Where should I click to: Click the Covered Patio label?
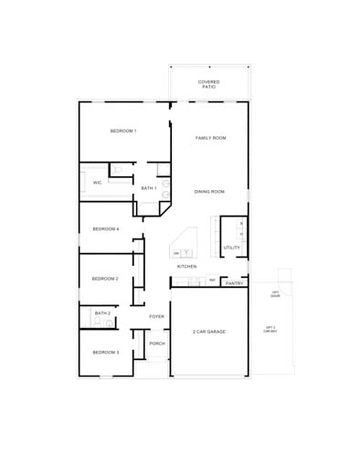click(208, 84)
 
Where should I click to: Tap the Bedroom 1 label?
click(123, 132)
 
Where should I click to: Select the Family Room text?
click(211, 138)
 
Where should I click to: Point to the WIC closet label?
click(98, 183)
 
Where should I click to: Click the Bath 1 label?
click(149, 188)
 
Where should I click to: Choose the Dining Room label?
click(209, 192)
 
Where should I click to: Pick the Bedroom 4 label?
click(105, 228)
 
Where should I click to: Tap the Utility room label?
click(232, 248)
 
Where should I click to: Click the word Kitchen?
click(187, 266)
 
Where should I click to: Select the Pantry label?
click(235, 283)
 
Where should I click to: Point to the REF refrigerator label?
click(213, 281)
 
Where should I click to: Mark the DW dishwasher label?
click(176, 253)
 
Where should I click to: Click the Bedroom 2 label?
click(104, 279)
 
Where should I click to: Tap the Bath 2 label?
click(102, 313)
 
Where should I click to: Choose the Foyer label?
click(157, 316)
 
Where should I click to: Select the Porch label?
click(157, 344)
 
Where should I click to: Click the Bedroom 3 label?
click(104, 352)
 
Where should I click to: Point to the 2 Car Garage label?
click(209, 332)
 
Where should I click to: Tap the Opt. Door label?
click(275, 294)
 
